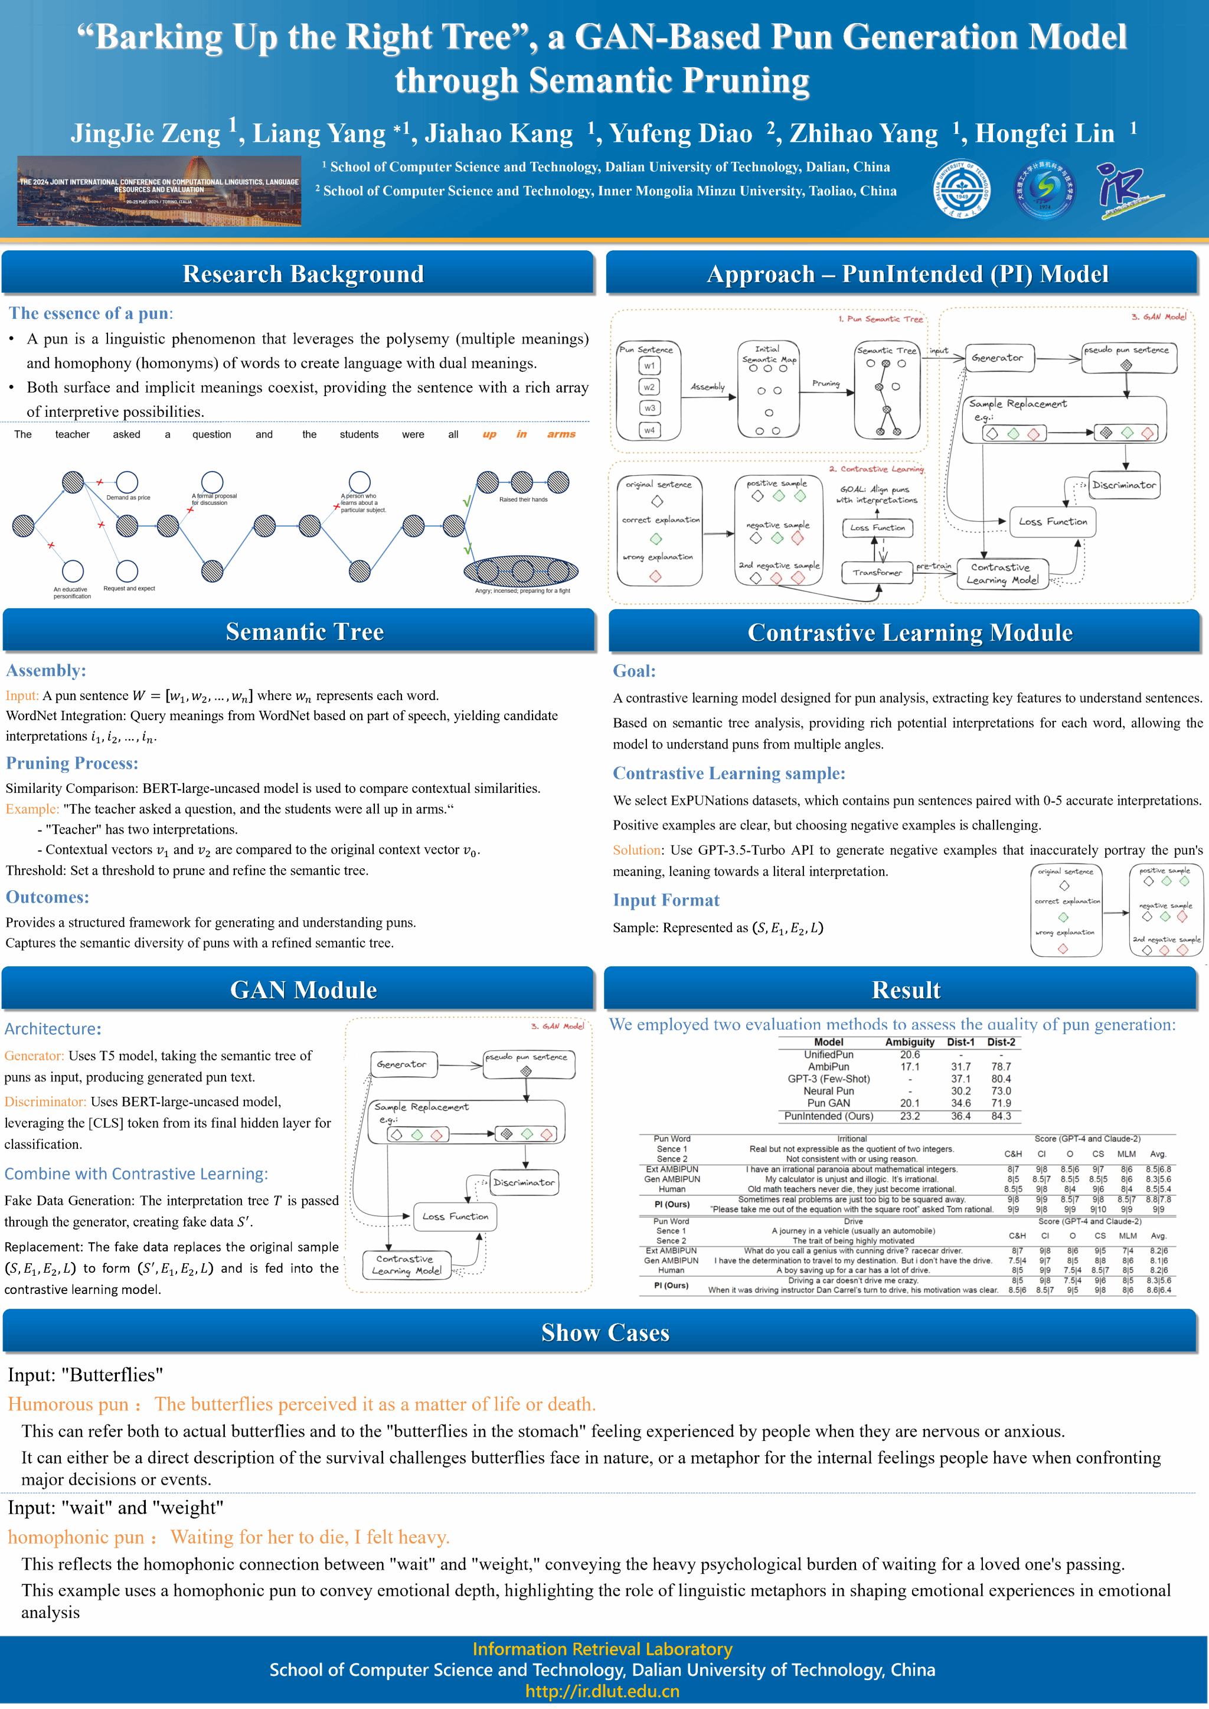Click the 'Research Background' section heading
point(303,274)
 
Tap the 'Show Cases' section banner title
point(604,1332)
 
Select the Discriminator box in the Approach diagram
point(1124,485)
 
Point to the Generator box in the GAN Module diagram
point(402,1064)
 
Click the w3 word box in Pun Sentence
point(650,408)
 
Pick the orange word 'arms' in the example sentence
point(561,434)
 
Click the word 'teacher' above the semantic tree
point(72,434)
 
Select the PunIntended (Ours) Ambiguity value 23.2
point(910,1116)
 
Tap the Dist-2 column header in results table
point(1001,1042)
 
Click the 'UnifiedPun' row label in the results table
point(829,1055)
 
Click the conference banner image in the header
point(159,191)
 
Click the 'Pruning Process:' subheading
point(72,763)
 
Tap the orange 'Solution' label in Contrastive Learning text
point(636,850)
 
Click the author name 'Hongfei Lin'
point(1044,134)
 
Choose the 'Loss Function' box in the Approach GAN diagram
point(1053,522)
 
